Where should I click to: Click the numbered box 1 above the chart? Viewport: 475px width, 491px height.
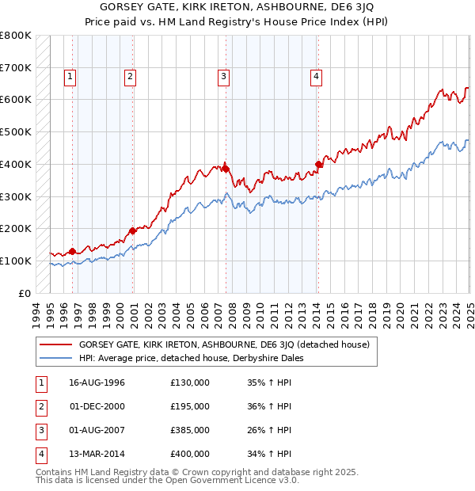pos(70,77)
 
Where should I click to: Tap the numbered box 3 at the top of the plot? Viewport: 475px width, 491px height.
pos(224,77)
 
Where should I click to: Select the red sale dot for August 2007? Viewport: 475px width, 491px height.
pos(226,169)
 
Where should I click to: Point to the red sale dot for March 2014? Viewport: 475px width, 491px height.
pos(318,165)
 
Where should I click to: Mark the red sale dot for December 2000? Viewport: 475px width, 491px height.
pos(132,230)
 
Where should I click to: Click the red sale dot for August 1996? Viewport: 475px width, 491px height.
pos(72,251)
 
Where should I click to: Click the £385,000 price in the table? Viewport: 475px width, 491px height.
pos(190,430)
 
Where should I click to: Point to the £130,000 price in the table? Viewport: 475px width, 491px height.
pos(190,383)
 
